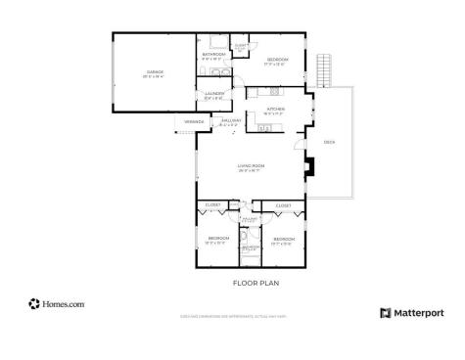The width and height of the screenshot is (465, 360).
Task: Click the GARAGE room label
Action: pos(155,71)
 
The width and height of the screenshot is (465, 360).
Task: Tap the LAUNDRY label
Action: pos(214,94)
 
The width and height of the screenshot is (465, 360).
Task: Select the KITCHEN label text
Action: pos(275,109)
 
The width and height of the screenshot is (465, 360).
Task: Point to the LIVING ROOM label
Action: pos(252,167)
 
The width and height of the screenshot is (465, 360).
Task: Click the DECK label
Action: pos(329,142)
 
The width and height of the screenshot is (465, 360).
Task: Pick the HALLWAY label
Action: pos(229,120)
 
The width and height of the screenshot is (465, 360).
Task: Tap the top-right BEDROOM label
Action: pos(277,61)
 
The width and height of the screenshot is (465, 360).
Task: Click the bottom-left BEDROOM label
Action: pos(217,238)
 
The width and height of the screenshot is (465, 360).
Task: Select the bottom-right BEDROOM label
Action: pos(284,239)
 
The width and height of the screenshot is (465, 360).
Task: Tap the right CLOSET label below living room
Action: pos(283,205)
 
